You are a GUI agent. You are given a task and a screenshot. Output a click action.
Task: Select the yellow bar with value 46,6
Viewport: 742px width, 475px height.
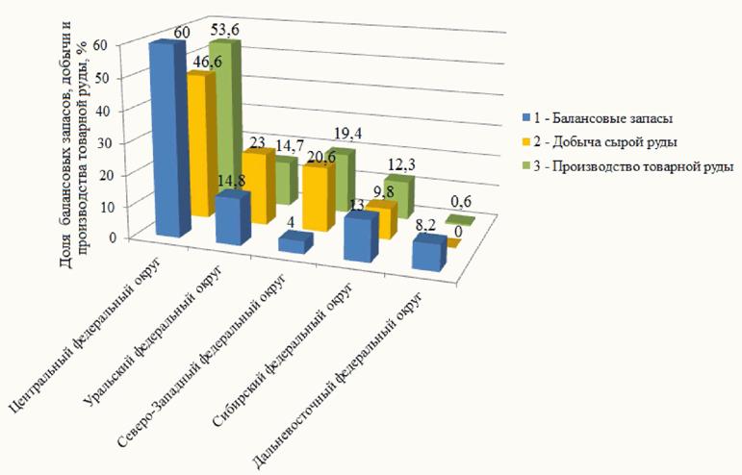coord(201,144)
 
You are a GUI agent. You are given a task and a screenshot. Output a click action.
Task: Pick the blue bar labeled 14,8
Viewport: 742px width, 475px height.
coord(232,219)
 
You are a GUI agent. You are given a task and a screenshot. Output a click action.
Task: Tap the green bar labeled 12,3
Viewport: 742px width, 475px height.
coord(398,195)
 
